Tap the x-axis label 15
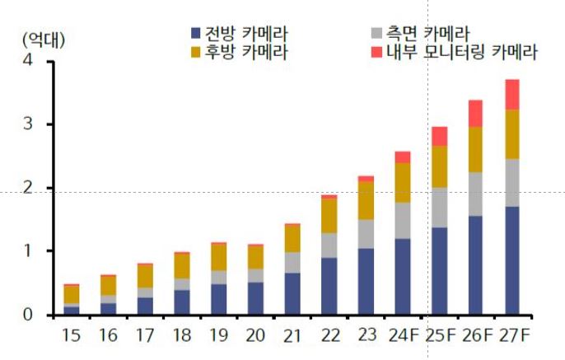click(72, 337)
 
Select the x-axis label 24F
click(403, 337)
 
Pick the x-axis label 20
click(255, 337)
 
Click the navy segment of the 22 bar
click(329, 286)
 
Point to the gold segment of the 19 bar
click(218, 257)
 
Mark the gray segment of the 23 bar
click(366, 234)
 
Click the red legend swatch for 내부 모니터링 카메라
click(377, 53)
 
